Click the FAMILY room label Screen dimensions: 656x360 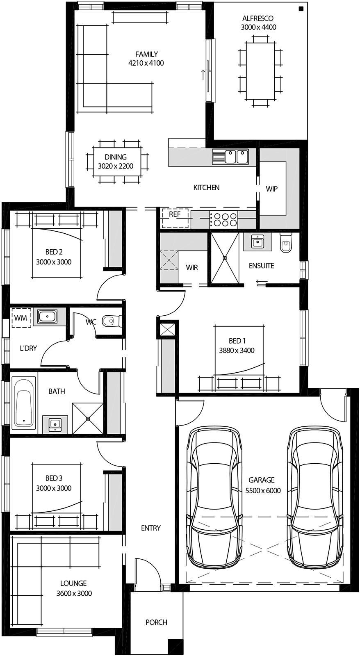146,54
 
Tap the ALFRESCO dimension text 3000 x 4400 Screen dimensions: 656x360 258,27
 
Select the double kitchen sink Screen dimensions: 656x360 230,157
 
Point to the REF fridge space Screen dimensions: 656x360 175,219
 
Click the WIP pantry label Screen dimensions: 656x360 271,189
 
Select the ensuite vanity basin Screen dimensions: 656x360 257,242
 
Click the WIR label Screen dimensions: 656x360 192,267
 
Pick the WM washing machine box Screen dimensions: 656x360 21,318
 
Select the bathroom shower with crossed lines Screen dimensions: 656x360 88,418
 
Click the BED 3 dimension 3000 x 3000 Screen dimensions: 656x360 53,488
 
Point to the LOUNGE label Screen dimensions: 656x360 73,583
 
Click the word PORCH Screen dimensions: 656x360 156,622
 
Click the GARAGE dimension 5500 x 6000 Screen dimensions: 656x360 263,490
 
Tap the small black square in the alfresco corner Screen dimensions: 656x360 301,9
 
